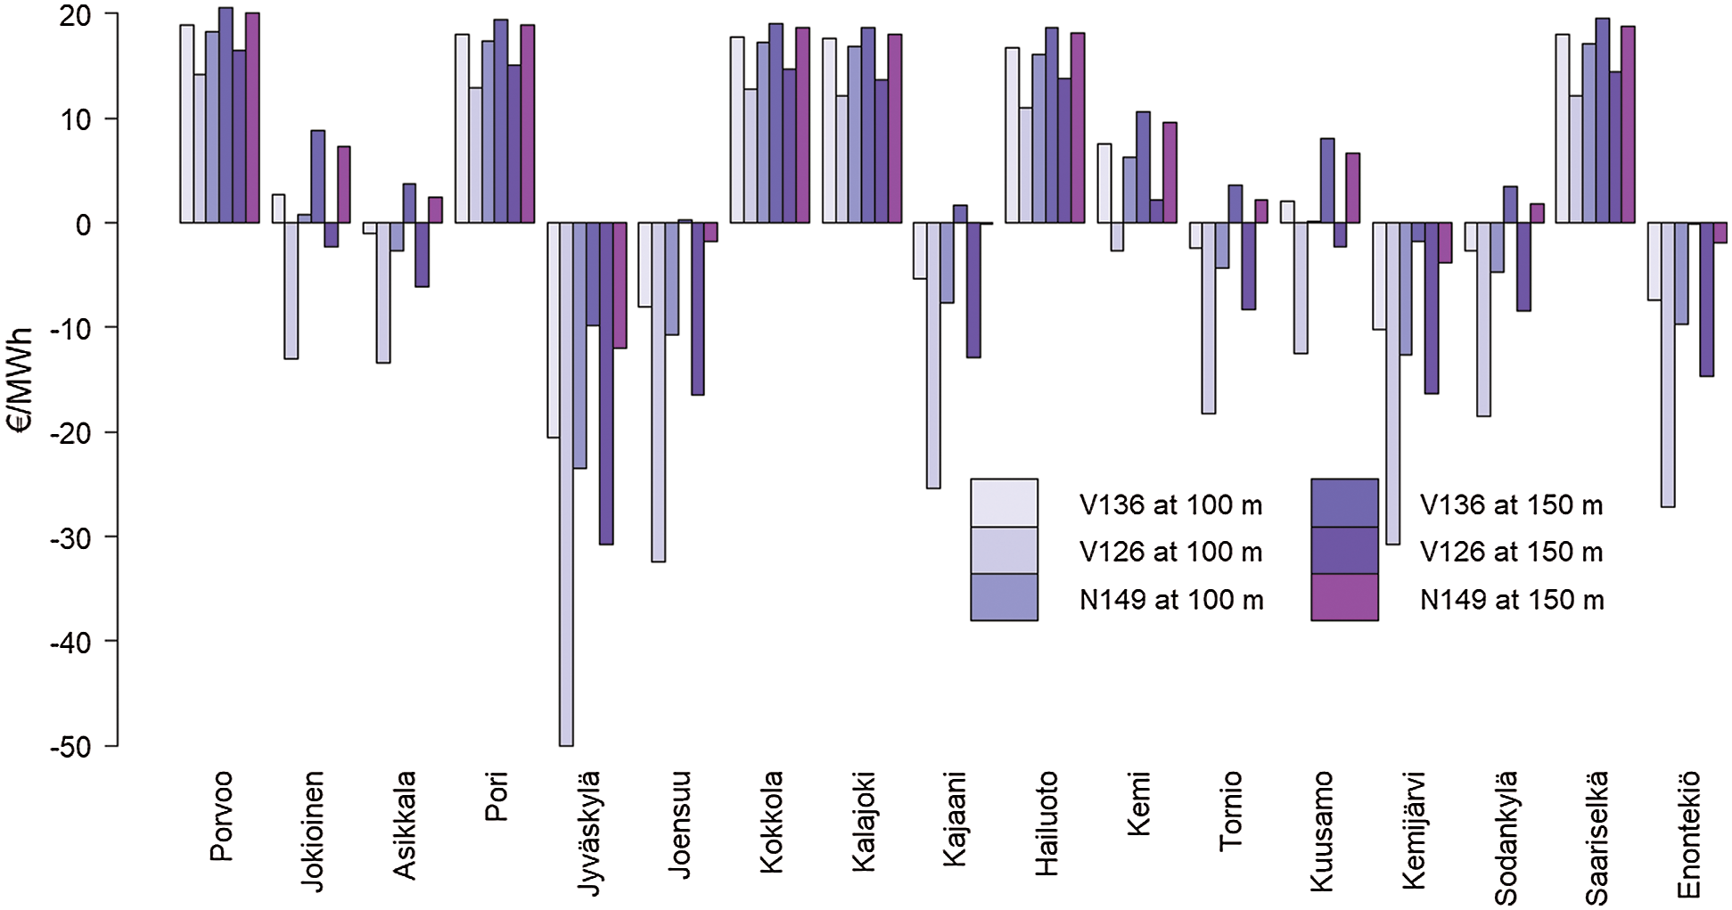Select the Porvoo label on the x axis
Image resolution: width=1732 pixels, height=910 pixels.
(221, 816)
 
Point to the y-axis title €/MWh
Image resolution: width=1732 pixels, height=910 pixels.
(20, 380)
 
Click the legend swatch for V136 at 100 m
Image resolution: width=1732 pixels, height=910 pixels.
(1004, 503)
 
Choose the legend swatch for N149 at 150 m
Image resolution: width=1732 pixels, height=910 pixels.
(1344, 597)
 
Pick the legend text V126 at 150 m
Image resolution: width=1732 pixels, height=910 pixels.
(1511, 552)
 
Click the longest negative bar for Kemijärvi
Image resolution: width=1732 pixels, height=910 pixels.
(1392, 383)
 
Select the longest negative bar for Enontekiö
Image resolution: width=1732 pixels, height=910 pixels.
(1667, 365)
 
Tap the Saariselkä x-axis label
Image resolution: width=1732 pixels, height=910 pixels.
(1597, 838)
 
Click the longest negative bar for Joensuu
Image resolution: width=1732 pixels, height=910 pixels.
(658, 392)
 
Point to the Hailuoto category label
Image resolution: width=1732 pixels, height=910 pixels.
(1047, 824)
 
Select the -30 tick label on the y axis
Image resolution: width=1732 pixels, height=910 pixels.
(71, 538)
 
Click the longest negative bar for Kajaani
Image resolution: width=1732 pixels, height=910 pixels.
(933, 356)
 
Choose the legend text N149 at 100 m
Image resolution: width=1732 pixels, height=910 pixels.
(1170, 599)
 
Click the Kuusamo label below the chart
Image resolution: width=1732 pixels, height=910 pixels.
(1321, 831)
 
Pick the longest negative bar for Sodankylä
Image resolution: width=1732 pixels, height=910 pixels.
(1483, 319)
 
